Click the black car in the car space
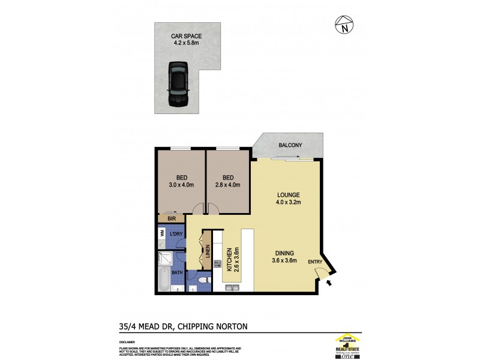pyautogui.click(x=178, y=85)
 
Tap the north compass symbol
pyautogui.click(x=344, y=25)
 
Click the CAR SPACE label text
pyautogui.click(x=186, y=37)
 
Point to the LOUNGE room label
pyautogui.click(x=288, y=195)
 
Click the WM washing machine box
pyautogui.click(x=162, y=233)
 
